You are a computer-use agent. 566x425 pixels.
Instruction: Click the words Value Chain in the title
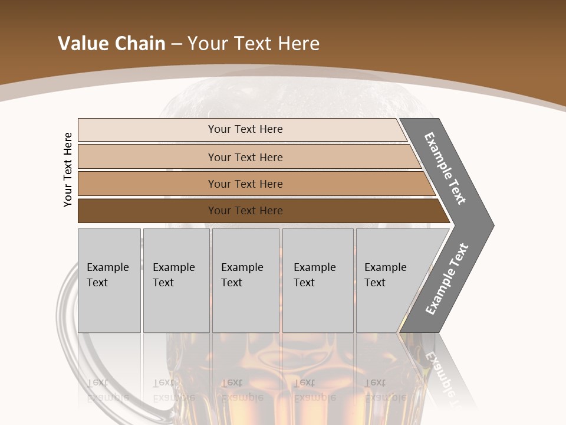point(111,44)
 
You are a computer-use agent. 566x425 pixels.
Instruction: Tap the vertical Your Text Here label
point(68,169)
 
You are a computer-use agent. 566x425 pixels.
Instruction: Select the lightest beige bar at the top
point(147,130)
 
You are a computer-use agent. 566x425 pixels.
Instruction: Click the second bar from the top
point(147,157)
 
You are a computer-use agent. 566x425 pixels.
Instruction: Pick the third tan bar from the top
point(147,184)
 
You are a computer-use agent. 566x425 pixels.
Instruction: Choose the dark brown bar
point(147,211)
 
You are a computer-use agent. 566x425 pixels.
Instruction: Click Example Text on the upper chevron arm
point(445,168)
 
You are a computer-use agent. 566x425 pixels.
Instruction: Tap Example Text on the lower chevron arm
point(446,279)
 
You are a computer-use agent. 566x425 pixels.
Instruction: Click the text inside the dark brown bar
point(245,211)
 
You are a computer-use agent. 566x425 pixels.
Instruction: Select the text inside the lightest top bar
point(245,129)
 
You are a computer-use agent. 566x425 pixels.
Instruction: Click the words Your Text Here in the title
point(254,44)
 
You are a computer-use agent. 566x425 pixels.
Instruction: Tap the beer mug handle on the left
point(70,331)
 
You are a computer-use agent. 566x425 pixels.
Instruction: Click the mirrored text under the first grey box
point(107,390)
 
